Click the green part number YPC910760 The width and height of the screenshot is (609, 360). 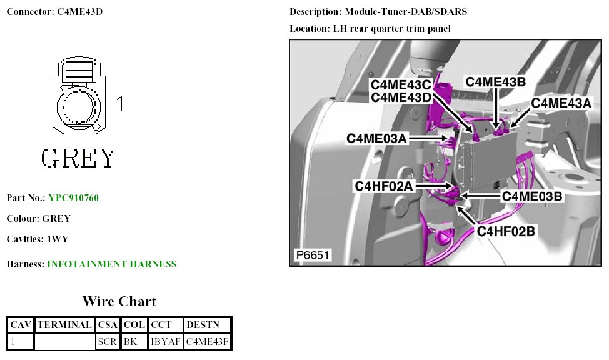74,198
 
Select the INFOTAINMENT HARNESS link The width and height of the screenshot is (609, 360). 112,264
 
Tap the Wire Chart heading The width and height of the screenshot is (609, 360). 119,302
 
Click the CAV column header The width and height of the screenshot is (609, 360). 21,326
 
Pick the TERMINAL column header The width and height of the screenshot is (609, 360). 65,326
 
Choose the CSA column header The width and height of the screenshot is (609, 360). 108,326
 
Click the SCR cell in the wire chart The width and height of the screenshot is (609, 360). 108,342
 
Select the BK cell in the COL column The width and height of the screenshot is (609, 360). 131,342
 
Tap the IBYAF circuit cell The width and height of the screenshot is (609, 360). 165,342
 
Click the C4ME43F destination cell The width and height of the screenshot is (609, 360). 208,342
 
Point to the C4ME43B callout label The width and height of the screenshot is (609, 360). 496,82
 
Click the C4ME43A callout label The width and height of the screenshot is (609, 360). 561,103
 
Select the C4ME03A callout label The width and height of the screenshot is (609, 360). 377,138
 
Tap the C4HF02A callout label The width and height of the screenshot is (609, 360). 385,186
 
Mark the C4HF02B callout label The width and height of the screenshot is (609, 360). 506,231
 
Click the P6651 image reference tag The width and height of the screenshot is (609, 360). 312,255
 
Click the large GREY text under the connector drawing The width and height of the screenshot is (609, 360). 79,159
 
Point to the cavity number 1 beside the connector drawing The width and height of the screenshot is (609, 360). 120,104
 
